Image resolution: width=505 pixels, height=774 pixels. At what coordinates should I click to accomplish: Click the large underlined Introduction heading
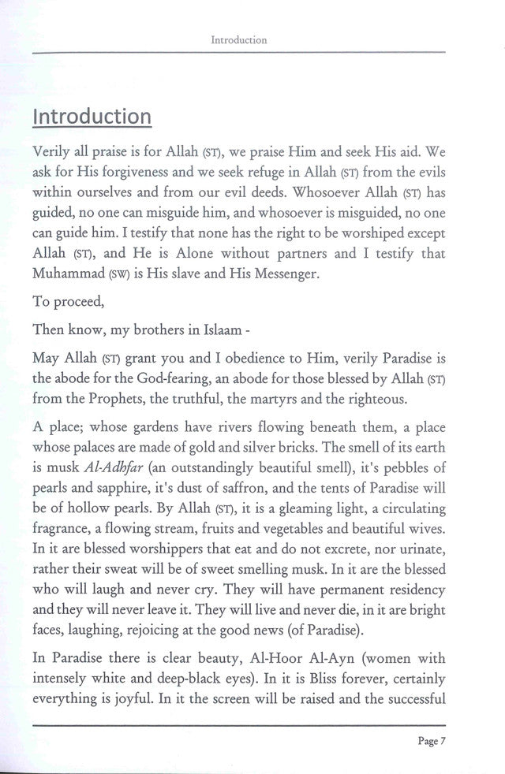click(92, 116)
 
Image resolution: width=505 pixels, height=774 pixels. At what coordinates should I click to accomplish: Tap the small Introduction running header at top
click(238, 39)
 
